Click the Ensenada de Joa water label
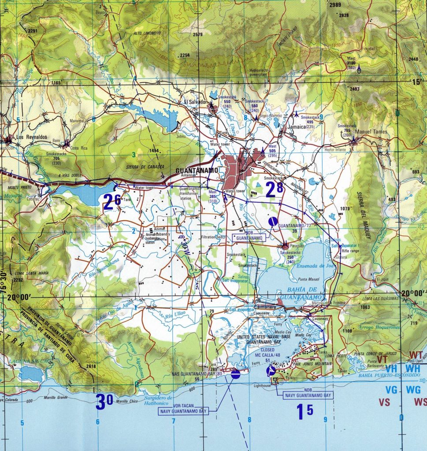316,266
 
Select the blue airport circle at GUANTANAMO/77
273,221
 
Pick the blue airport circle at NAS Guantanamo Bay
235,374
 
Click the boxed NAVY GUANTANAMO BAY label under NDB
308,395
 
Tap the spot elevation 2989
335,5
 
